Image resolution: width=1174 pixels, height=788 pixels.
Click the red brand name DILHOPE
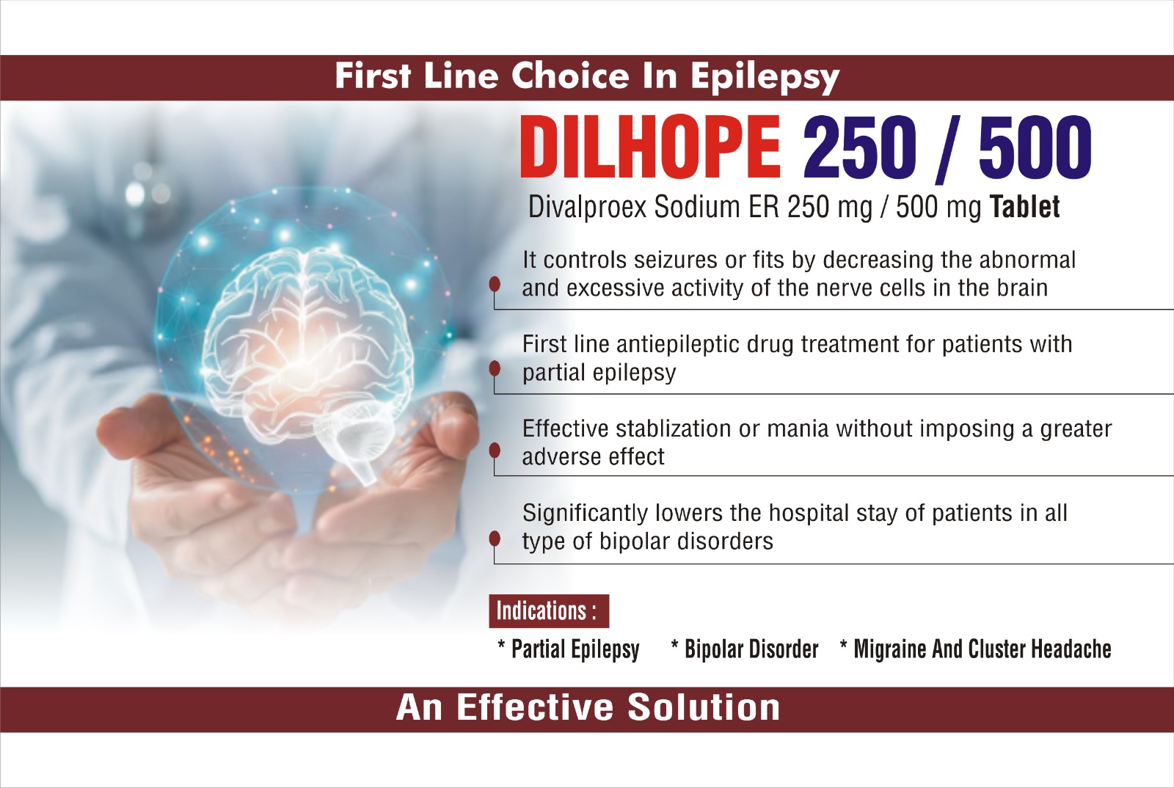coord(650,147)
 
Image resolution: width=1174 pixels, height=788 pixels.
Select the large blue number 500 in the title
coord(1035,147)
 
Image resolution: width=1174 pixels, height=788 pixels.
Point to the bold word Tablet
coord(1024,206)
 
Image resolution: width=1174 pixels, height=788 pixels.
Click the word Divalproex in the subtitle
coord(587,207)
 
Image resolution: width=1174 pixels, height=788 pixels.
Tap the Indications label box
coord(549,611)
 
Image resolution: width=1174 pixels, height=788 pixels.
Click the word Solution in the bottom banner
coord(704,707)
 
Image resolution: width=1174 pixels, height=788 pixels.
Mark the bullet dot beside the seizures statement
coord(495,285)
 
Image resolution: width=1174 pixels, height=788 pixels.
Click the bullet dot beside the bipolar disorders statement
coord(495,539)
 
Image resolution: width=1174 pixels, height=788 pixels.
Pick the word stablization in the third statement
coord(673,429)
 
